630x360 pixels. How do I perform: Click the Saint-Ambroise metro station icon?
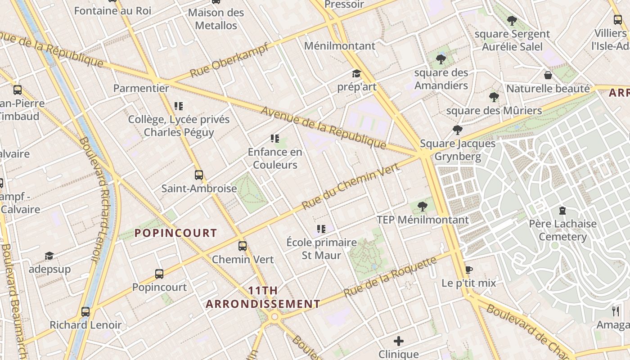pyautogui.click(x=199, y=175)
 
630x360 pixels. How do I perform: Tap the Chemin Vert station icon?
pyautogui.click(x=243, y=246)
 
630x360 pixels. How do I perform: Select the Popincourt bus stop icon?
pyautogui.click(x=159, y=274)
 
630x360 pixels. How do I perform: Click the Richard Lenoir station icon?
pyautogui.click(x=85, y=311)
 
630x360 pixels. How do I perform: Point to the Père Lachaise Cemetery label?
pyautogui.click(x=562, y=230)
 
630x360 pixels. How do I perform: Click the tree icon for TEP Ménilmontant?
pyautogui.click(x=422, y=207)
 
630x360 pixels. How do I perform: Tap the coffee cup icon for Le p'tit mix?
pyautogui.click(x=468, y=270)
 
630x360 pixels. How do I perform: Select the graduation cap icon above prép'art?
pyautogui.click(x=356, y=73)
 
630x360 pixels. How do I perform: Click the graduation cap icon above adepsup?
pyautogui.click(x=49, y=256)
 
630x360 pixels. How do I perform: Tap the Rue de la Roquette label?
pyautogui.click(x=390, y=276)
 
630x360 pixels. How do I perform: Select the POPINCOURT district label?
pyautogui.click(x=176, y=233)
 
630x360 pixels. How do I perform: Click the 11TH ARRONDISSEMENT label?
pyautogui.click(x=263, y=297)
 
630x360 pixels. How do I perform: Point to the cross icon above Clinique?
pyautogui.click(x=399, y=341)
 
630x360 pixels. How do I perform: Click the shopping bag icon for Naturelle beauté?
pyautogui.click(x=548, y=75)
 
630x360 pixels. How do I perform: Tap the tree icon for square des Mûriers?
pyautogui.click(x=494, y=97)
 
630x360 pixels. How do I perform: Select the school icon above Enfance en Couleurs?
pyautogui.click(x=275, y=139)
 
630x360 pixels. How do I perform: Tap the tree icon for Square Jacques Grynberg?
pyautogui.click(x=458, y=130)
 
